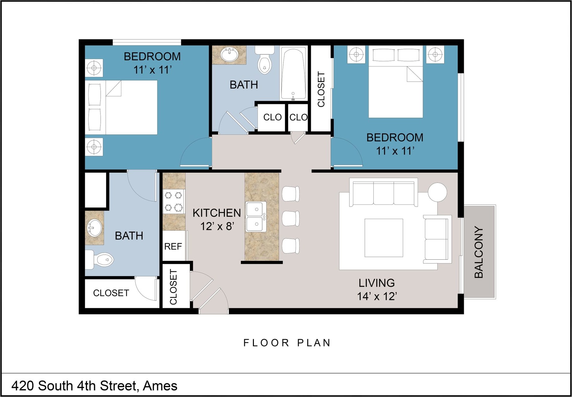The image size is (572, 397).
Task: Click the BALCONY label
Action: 479,252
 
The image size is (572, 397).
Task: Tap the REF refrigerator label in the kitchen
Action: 173,247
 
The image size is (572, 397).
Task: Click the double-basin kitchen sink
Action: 256,217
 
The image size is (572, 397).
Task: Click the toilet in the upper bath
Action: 265,60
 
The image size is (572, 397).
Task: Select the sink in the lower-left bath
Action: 94,228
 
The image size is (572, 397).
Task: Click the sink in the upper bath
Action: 229,54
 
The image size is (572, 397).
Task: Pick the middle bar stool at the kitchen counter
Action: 291,218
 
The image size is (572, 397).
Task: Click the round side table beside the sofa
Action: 437,192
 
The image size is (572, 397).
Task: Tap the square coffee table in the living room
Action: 384,238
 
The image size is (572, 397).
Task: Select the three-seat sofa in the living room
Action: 383,192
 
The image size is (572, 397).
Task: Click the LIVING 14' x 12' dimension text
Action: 377,290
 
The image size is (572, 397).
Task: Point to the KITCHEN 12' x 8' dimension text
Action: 217,219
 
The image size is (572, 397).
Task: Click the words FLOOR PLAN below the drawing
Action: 287,343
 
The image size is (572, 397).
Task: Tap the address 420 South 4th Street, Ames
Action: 94,386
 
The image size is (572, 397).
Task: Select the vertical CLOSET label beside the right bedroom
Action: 321,89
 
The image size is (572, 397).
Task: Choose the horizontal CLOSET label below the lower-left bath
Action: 111,293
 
